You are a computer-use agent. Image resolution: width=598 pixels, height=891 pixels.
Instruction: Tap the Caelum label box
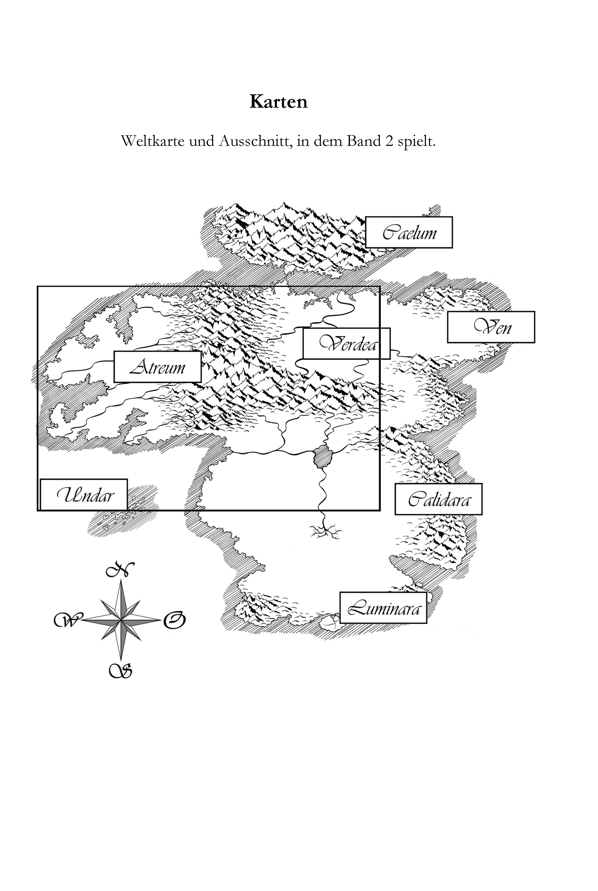click(409, 232)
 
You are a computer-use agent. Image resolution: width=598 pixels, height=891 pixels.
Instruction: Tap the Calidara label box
click(439, 499)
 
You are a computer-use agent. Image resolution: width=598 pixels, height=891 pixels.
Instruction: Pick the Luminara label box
click(383, 608)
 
